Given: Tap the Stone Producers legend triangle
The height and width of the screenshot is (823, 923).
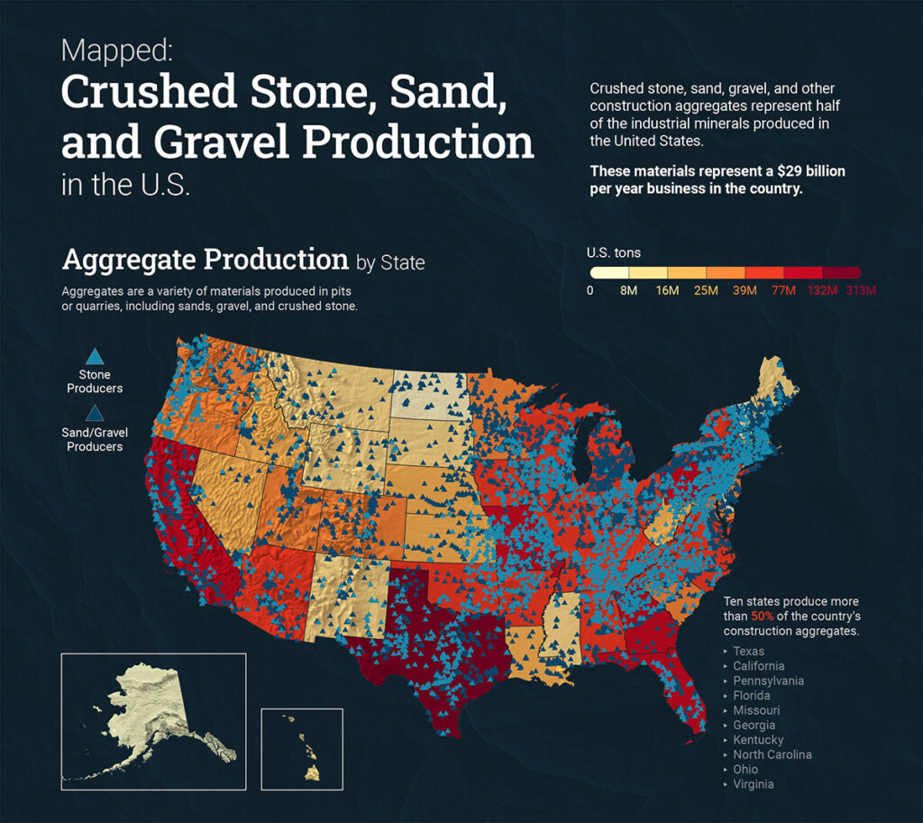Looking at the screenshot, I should coord(94,356).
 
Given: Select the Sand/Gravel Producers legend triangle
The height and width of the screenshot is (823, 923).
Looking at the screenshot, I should coord(94,414).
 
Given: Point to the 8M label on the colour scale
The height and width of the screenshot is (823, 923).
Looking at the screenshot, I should coord(628,290).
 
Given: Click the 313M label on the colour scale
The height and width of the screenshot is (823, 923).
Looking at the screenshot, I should coord(861,290).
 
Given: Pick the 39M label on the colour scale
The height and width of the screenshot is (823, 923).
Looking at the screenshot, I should coord(744,290).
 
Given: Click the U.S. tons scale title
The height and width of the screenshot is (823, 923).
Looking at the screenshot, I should coord(613,252).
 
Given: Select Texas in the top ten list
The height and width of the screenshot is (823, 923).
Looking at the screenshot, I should coord(748,651).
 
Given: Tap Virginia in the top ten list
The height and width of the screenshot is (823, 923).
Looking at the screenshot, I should coord(753,784).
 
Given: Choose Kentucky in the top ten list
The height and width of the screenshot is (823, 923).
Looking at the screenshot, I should coord(757,740).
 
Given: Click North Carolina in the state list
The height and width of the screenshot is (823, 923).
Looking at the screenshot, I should coord(772,754).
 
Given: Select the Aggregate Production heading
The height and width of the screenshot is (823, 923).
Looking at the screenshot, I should coord(205,260).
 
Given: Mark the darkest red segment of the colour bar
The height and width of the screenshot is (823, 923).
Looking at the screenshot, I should coord(842,272).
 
